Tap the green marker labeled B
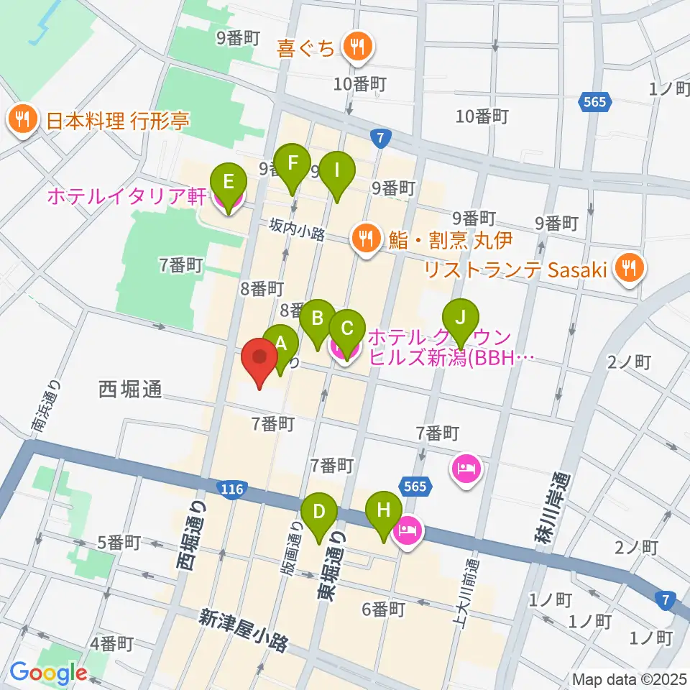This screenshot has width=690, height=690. click(x=317, y=317)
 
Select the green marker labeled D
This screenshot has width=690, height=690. click(x=319, y=512)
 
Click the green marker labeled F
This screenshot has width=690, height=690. click(x=291, y=163)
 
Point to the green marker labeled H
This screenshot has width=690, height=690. click(x=384, y=512)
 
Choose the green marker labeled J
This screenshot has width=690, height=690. click(x=461, y=317)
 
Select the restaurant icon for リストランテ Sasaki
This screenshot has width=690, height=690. click(x=630, y=270)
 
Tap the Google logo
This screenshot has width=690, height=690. click(x=49, y=673)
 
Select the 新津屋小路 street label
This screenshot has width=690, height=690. click(x=244, y=630)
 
